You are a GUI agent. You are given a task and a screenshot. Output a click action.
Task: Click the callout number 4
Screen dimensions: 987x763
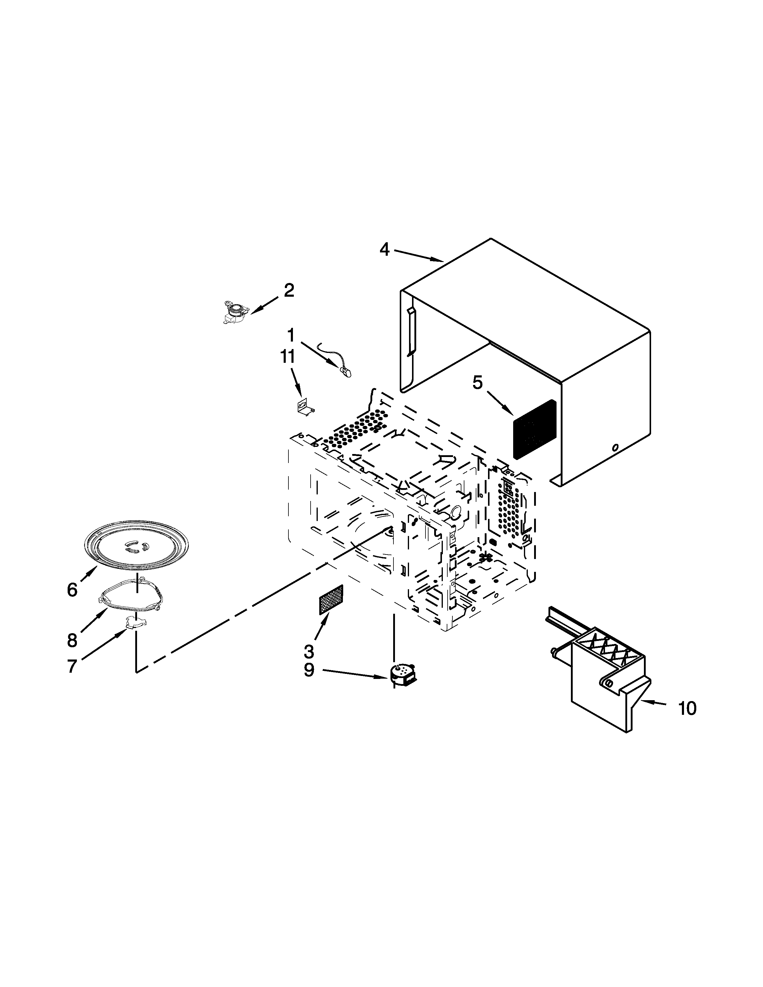click(384, 249)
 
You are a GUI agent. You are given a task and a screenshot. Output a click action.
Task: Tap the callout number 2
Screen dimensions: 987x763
click(289, 290)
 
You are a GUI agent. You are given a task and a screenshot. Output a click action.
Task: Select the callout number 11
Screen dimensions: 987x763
click(288, 357)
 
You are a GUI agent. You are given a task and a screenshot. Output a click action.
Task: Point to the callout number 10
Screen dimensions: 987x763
click(687, 708)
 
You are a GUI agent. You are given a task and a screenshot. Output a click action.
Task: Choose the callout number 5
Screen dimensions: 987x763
click(478, 383)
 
